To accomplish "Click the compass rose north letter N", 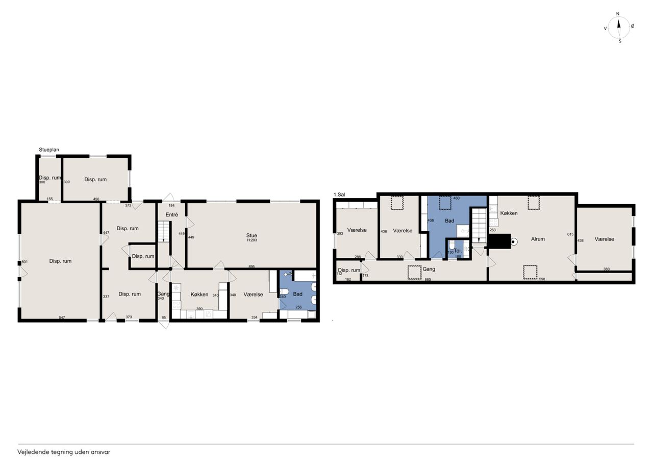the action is tap(617, 14).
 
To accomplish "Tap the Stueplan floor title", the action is tap(49, 150).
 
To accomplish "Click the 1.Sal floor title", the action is tap(339, 194).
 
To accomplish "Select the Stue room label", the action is tap(252, 235).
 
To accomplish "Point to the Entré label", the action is tap(172, 215).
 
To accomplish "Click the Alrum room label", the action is tap(538, 239).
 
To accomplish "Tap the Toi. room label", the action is tap(458, 251).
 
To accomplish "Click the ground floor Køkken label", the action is tap(199, 295).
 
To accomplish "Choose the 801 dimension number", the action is tap(24, 262).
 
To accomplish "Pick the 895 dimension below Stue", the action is tap(252, 266).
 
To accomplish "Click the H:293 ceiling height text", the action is tap(252, 240).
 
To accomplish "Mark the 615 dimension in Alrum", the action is tap(570, 234).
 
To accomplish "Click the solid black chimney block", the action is tap(499, 241).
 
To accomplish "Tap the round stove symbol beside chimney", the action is tap(514, 242).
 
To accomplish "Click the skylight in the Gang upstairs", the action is tap(415, 273).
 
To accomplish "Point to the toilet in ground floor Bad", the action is tap(284, 291).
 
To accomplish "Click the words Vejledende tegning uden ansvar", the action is tap(64, 452).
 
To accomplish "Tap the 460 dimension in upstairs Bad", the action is tap(456, 198).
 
